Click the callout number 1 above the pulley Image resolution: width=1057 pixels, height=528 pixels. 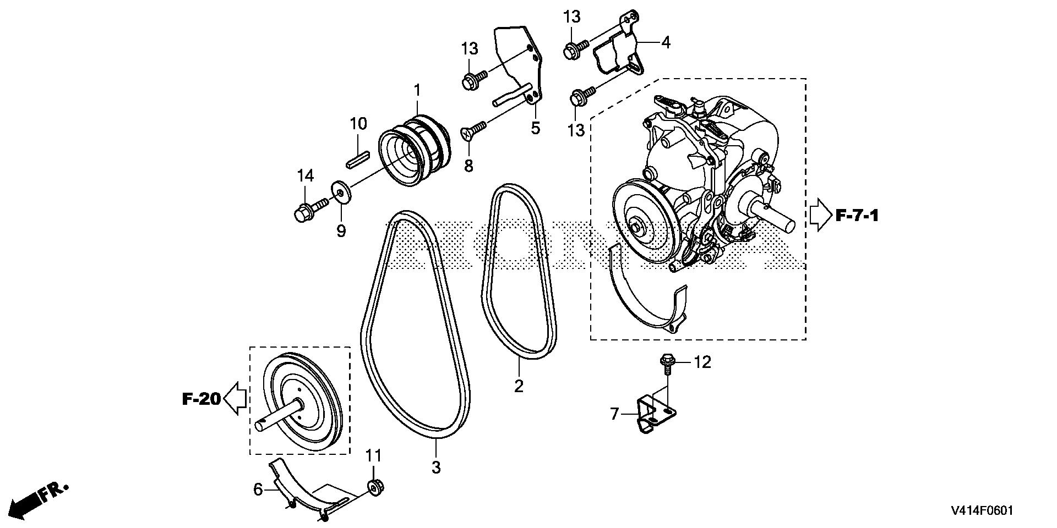click(x=417, y=90)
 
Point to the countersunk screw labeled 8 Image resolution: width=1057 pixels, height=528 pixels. click(x=473, y=130)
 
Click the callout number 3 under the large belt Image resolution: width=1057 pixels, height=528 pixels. click(x=436, y=468)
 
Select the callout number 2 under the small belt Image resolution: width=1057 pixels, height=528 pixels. click(x=519, y=386)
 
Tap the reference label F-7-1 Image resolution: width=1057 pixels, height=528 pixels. click(x=857, y=215)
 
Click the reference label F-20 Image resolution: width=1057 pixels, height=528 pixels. click(x=201, y=398)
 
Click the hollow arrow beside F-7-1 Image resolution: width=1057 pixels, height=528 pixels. click(x=819, y=215)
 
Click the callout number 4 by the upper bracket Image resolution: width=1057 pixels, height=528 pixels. click(x=666, y=42)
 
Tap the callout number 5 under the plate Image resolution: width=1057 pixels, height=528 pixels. click(x=535, y=128)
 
